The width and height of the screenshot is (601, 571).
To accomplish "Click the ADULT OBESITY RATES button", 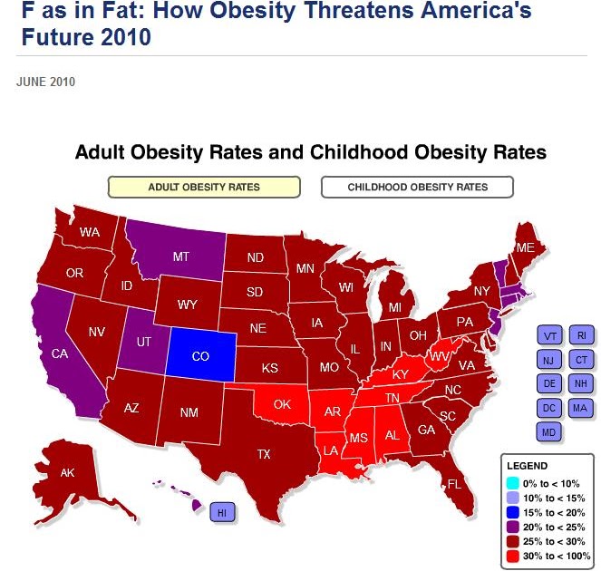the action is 204,187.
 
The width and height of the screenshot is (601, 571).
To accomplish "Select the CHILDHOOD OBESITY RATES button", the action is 417,187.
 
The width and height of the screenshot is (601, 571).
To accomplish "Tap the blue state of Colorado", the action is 201,354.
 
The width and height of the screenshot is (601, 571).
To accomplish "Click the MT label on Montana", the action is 181,256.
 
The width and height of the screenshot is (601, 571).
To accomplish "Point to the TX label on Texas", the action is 264,454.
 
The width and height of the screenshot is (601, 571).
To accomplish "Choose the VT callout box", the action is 549,335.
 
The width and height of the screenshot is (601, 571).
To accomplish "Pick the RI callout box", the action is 581,335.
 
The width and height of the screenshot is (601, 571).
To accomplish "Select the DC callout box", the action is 548,408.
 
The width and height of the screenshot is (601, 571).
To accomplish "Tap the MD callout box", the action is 548,432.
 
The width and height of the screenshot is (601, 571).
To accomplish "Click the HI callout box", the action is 222,512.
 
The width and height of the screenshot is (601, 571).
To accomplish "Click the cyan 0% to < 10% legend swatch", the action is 512,483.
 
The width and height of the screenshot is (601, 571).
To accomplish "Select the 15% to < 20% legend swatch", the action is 512,512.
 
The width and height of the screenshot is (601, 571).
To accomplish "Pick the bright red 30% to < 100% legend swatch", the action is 512,556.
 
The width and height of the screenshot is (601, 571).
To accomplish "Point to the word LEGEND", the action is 527,466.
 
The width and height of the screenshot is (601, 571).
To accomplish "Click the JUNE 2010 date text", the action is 45,82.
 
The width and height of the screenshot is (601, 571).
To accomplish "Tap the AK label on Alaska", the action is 67,472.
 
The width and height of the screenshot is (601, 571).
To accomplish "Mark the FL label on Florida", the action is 454,484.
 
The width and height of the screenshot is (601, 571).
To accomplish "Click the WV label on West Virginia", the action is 439,357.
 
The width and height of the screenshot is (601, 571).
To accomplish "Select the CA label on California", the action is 60,353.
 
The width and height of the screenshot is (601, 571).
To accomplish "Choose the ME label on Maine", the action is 525,247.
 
